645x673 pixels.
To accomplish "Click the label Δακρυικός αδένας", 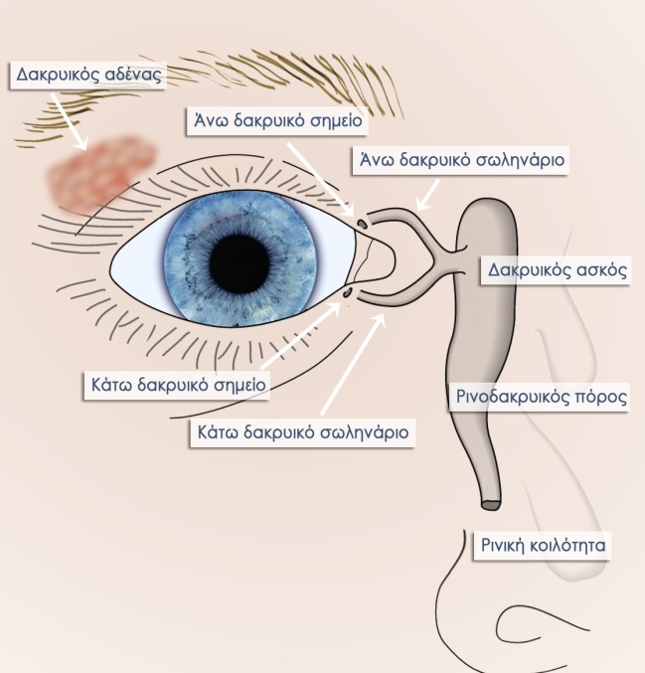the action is coord(88,75).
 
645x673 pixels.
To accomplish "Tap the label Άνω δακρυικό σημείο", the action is coord(277,120).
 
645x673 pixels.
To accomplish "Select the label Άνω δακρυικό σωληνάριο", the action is coord(461,160).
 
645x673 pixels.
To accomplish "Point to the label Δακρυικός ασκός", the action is coord(557,270).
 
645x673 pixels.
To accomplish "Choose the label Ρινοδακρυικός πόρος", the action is coord(541,397).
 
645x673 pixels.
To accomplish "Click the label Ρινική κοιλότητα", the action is coord(543,545).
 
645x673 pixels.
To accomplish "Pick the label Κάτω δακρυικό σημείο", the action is coord(178,385).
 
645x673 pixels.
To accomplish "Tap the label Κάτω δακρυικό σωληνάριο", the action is coord(302,432).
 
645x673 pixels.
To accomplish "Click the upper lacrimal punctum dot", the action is coord(362,224).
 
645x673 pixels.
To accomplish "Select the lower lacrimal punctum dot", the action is coord(347,293).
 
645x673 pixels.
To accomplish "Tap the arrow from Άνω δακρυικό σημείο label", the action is coord(321,179).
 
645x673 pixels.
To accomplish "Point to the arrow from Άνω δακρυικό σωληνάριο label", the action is coord(428,196).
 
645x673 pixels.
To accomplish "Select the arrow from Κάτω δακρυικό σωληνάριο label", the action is coord(354,365).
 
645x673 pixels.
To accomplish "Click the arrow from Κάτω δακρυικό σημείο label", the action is coord(301,335).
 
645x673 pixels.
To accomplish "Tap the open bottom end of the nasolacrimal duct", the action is coord(491,505).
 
